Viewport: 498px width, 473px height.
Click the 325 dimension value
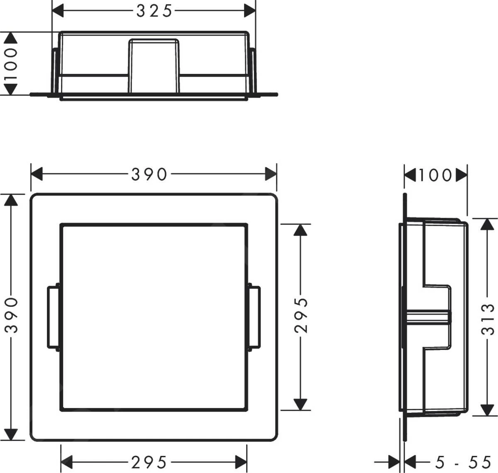[x=154, y=11]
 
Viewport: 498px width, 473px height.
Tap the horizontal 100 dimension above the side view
[x=435, y=175]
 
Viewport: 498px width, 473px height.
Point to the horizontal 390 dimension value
[x=149, y=175]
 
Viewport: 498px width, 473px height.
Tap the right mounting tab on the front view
[x=255, y=317]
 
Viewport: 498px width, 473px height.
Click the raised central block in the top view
[x=154, y=65]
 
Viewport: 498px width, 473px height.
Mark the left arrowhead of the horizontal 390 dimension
[x=37, y=175]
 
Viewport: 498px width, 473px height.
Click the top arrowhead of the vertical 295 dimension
[x=300, y=230]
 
